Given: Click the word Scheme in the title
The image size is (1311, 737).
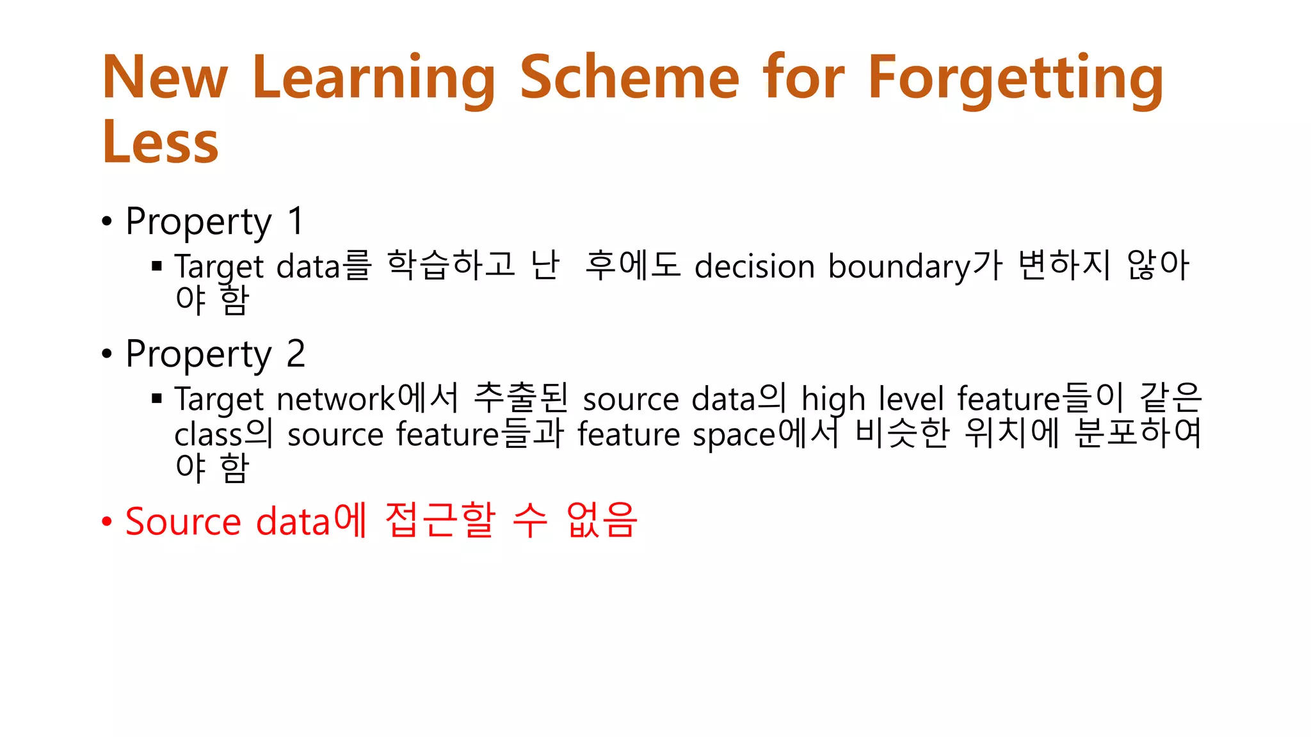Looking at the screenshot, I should [629, 77].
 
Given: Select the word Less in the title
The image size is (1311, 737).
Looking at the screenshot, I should [160, 143].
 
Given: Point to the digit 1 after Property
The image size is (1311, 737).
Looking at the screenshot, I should [296, 221].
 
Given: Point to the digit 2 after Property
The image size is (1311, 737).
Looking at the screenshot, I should [296, 354].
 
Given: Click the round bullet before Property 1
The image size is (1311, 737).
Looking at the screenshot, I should [107, 222].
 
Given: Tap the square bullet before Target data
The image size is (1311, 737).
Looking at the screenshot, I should [157, 265].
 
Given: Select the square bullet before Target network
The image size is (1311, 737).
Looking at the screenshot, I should [157, 399].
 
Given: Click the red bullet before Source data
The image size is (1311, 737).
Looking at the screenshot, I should [107, 521].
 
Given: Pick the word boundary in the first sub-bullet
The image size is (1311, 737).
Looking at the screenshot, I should [899, 266].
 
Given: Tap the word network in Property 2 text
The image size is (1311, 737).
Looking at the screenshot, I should [336, 399].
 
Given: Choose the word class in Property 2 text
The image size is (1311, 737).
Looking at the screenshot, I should [208, 435].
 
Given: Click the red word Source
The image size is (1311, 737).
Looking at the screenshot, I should [182, 521].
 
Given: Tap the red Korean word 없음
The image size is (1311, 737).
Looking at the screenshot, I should [602, 519].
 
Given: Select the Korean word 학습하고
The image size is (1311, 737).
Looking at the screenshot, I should [451, 265].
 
